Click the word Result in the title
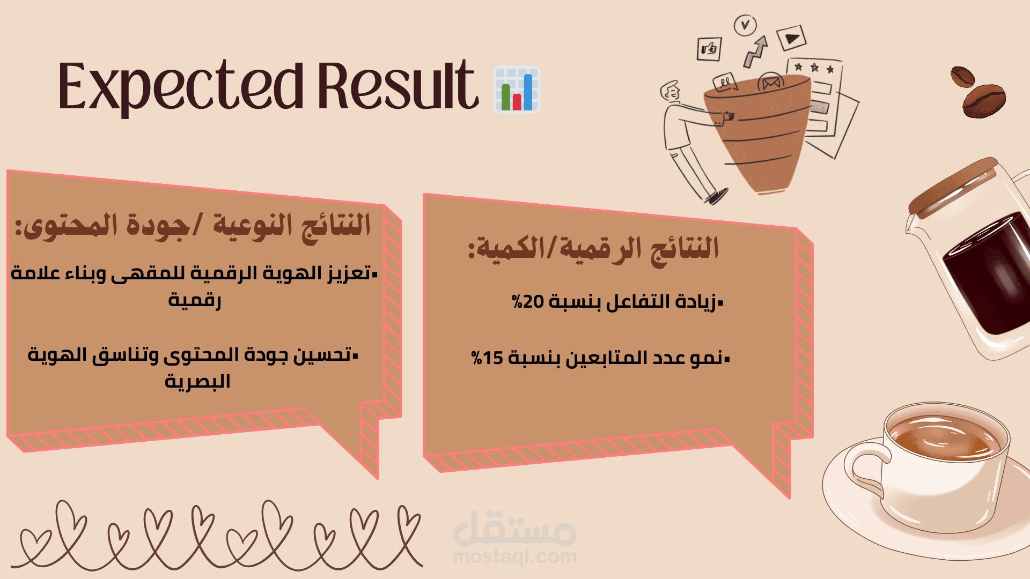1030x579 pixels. [x=398, y=85]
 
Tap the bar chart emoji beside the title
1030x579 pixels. [x=517, y=89]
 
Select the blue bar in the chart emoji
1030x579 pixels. [x=528, y=92]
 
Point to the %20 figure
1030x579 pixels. [x=528, y=301]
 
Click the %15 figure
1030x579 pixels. [x=487, y=358]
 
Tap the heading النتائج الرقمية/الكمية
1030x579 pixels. [x=593, y=249]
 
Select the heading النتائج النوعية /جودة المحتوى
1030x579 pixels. [x=193, y=226]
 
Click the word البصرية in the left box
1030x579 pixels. [x=197, y=382]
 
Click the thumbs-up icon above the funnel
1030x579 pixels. [x=709, y=49]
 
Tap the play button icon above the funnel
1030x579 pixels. [x=791, y=38]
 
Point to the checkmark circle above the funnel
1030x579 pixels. [x=745, y=25]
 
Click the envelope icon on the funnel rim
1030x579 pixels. [x=770, y=83]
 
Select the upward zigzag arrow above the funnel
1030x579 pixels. [x=755, y=51]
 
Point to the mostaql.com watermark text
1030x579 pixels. [x=514, y=556]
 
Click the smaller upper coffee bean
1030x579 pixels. [x=962, y=77]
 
